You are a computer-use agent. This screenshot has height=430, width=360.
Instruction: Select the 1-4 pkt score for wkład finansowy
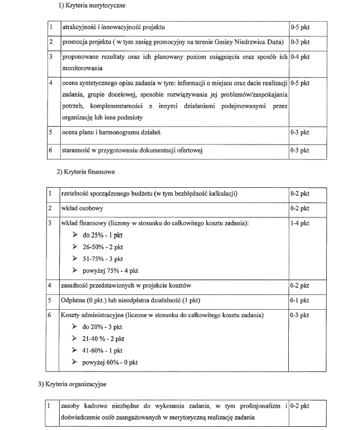(x=300, y=223)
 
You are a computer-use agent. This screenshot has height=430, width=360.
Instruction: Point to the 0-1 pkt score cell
(x=300, y=300)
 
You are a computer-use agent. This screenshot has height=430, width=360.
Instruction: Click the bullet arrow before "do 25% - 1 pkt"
(x=74, y=235)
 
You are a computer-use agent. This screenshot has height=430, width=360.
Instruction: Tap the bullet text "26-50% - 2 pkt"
(x=102, y=247)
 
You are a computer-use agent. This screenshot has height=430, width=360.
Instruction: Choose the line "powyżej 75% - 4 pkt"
(x=110, y=270)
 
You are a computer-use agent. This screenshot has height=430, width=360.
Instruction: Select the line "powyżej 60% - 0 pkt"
(x=110, y=362)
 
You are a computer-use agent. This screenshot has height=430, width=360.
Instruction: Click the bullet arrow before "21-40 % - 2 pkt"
(x=74, y=339)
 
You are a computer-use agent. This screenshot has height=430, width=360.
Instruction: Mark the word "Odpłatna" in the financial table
(x=75, y=300)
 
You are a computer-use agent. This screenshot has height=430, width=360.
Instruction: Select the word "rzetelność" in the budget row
(x=77, y=194)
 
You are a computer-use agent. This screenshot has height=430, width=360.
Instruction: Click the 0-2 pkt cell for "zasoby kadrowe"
(x=300, y=406)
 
